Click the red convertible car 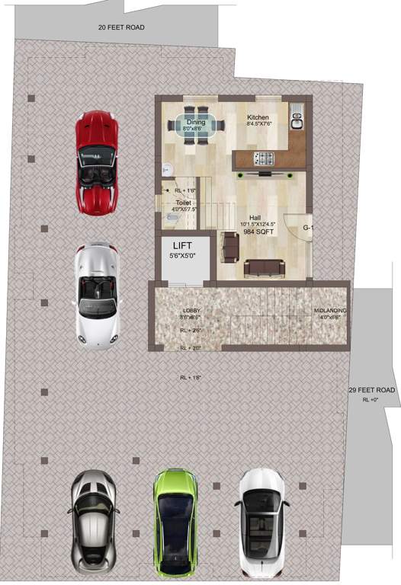click(96, 161)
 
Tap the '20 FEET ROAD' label click(121, 27)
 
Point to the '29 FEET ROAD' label click(372, 390)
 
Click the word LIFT click(183, 246)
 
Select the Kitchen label click(258, 117)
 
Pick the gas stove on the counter click(265, 158)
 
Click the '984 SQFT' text click(258, 232)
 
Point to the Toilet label click(183, 203)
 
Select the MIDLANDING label click(330, 311)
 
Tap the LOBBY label click(191, 311)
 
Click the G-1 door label click(308, 228)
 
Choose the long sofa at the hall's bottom click(265, 267)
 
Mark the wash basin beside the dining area click(165, 170)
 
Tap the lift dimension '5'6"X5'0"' click(183, 257)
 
